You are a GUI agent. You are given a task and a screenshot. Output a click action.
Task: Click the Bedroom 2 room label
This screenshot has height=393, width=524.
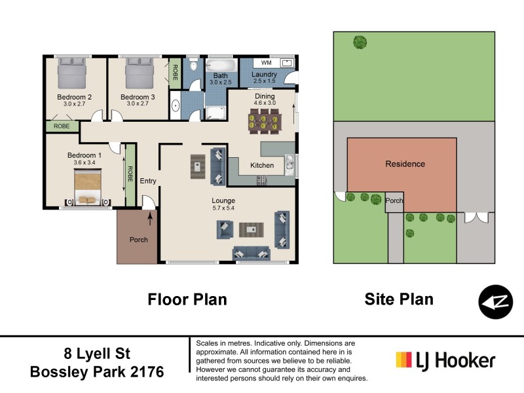tap(73, 97)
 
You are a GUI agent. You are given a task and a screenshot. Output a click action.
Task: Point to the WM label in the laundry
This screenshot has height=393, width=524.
tap(266, 63)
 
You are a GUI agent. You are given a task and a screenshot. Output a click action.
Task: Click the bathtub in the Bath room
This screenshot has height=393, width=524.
tap(219, 67)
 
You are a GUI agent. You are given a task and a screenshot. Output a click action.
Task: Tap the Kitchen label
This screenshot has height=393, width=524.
tap(262, 166)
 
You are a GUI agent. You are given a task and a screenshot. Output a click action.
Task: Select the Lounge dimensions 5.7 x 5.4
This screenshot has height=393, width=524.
tap(223, 208)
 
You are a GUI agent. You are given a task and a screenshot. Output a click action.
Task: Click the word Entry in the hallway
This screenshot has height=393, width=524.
tap(148, 181)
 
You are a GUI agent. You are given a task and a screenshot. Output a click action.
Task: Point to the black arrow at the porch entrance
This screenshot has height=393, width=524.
tap(151, 218)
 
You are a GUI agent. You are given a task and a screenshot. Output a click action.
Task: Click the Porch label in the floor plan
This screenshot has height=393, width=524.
tap(138, 240)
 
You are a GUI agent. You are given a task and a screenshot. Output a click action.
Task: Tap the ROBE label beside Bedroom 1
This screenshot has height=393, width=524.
tap(130, 174)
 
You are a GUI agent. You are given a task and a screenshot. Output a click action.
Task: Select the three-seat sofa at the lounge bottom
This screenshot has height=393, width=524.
tap(252, 253)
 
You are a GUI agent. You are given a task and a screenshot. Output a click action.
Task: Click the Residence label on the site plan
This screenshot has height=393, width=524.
tap(405, 164)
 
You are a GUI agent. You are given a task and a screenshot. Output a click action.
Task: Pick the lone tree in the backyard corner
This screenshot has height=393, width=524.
tap(360, 43)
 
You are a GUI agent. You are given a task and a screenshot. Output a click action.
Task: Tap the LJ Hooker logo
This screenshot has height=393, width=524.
tap(445, 361)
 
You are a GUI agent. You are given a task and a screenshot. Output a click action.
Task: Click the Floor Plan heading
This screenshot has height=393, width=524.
tap(187, 300)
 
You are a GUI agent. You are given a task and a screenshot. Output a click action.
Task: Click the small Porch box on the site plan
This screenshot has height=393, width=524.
tap(394, 201)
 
